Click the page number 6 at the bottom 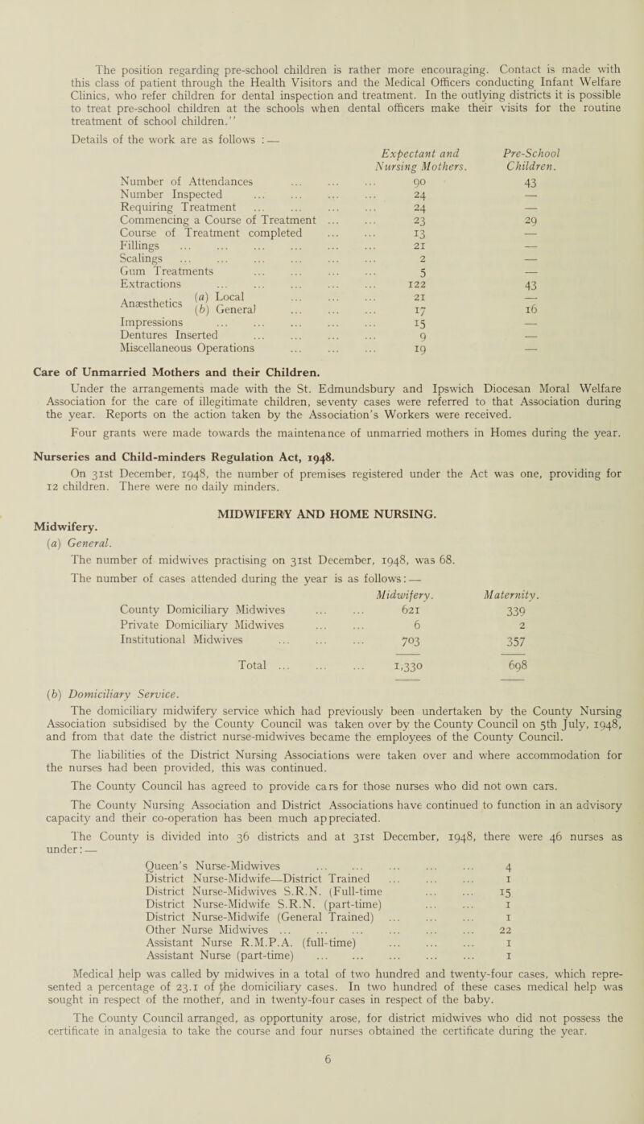click(x=322, y=1106)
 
